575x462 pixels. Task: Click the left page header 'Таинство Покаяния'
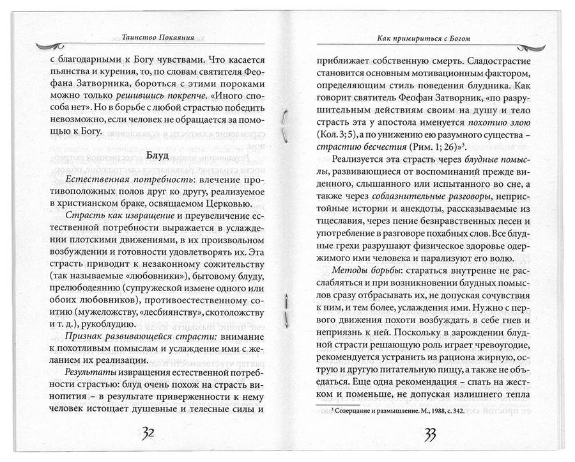click(149, 37)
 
